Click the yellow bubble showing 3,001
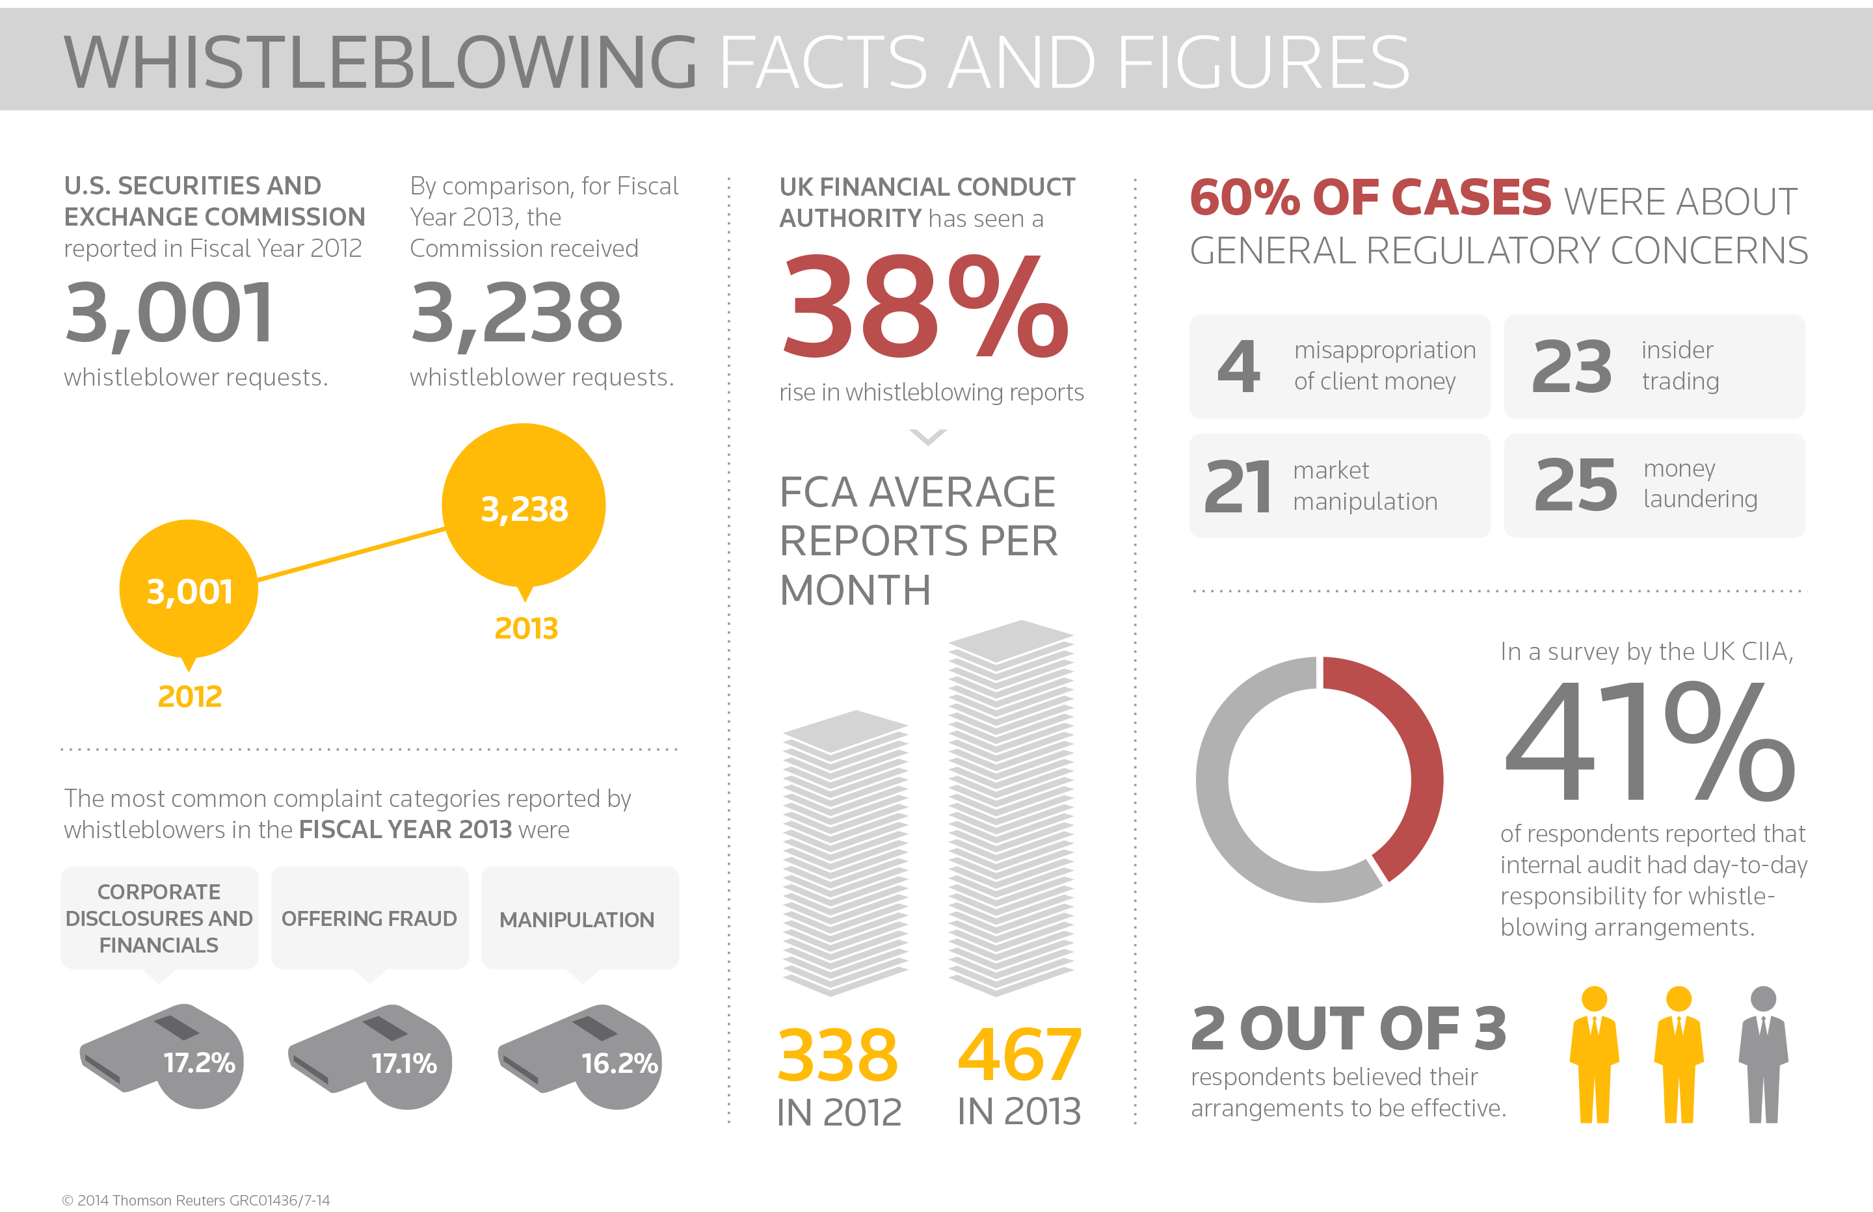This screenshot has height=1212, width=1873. (x=189, y=590)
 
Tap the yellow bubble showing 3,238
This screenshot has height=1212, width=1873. (x=524, y=506)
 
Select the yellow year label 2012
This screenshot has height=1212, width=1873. (x=190, y=696)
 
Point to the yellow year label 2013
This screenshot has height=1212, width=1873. (x=525, y=628)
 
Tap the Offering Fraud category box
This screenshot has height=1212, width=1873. (x=369, y=917)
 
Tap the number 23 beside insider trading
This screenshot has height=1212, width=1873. (x=1572, y=367)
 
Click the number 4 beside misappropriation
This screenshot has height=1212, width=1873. (x=1239, y=367)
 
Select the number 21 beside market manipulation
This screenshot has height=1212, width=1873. (x=1238, y=486)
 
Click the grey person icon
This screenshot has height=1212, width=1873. (x=1763, y=1055)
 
